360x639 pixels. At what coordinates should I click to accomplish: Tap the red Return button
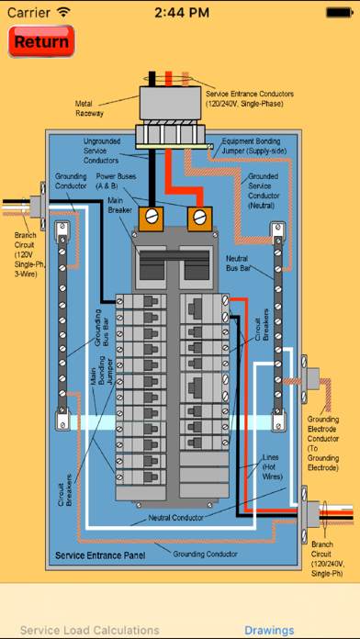[x=41, y=41]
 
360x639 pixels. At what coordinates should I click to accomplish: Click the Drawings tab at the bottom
[x=269, y=630]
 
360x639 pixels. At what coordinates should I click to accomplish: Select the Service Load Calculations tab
[x=90, y=630]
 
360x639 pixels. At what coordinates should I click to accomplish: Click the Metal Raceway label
[x=89, y=108]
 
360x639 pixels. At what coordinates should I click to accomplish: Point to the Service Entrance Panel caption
[x=100, y=555]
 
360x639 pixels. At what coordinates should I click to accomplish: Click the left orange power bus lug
[x=152, y=219]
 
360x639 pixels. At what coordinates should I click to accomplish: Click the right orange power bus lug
[x=199, y=219]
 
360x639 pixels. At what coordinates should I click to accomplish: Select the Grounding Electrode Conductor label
[x=323, y=443]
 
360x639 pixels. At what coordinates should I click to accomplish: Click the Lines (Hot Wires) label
[x=273, y=466]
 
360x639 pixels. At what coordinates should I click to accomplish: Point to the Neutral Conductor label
[x=175, y=518]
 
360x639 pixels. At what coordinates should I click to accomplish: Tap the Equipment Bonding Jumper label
[x=254, y=146]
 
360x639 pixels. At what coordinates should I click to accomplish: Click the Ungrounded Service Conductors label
[x=102, y=151]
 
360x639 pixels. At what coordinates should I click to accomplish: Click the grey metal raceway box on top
[x=170, y=103]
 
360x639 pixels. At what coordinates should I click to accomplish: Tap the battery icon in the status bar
[x=340, y=12]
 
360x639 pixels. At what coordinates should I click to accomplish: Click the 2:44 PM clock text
[x=182, y=12]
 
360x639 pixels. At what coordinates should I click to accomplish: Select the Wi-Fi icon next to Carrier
[x=63, y=12]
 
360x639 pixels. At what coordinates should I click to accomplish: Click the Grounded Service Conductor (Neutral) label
[x=264, y=191]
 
